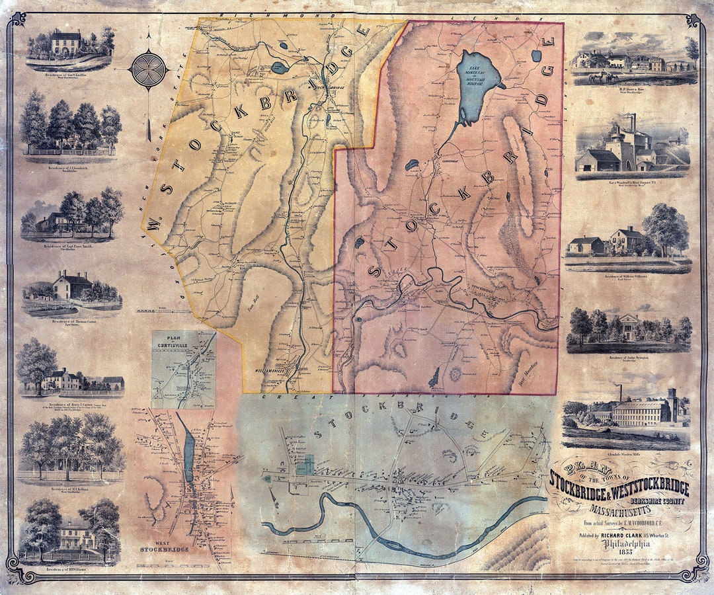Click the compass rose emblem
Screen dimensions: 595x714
coord(149,69)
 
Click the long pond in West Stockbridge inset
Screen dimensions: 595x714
coord(189,456)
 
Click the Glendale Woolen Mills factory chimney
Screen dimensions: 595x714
coord(621,393)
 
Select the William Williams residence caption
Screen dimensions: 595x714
coord(628,277)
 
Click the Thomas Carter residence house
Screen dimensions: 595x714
coord(71,288)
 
